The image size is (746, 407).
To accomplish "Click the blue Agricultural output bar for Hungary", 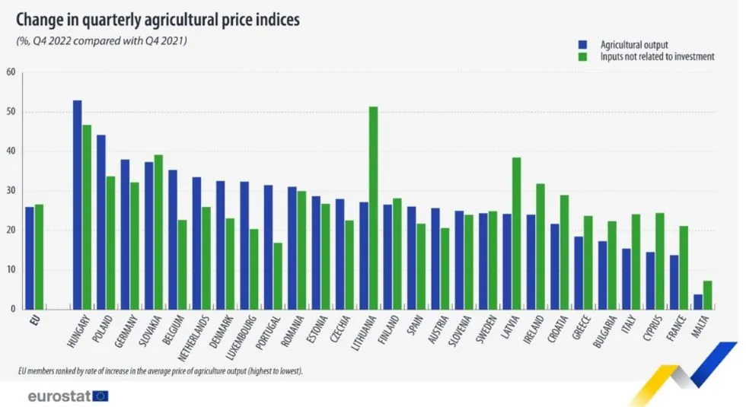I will pos(77,205).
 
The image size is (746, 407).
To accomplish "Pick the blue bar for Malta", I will pos(697,301).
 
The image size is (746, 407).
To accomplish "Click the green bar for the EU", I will pos(39,256).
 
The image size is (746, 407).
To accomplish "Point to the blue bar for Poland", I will pos(101,221).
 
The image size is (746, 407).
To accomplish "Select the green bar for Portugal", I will pos(278,275).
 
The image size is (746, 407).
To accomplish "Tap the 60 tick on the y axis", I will pos(11,73).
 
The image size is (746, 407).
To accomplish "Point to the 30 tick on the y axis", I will pos(11,191).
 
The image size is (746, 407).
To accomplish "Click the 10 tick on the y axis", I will pos(11,270).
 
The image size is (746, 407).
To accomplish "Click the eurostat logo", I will pos(67,396).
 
